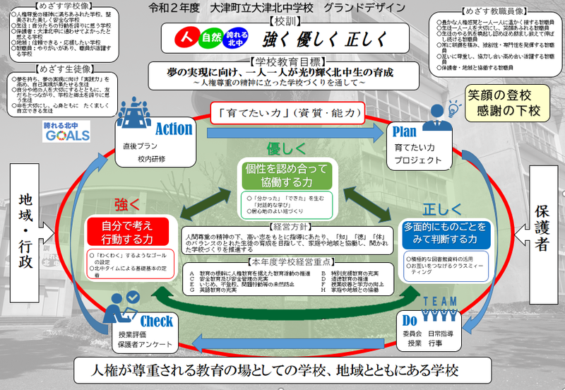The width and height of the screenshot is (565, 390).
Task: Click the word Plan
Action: tap(405, 131)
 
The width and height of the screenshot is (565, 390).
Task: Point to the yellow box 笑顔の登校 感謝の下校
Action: tap(502, 102)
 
